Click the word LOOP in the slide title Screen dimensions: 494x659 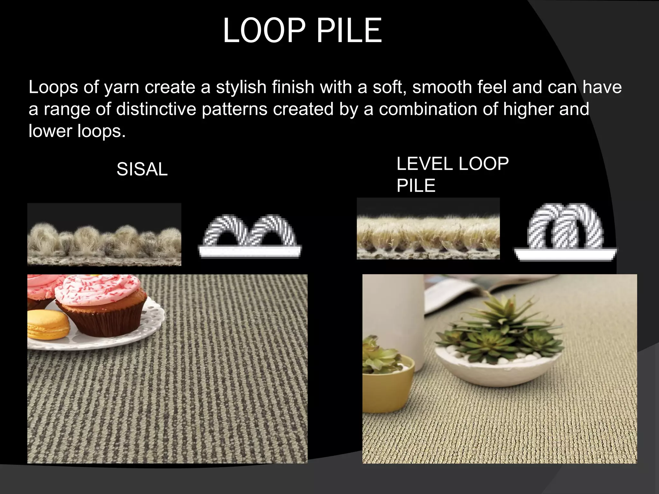tap(264, 31)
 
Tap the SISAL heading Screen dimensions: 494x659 tap(142, 169)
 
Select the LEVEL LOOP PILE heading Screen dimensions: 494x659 tap(452, 174)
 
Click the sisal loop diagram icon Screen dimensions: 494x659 tap(250, 236)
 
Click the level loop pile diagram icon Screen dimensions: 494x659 tap(565, 232)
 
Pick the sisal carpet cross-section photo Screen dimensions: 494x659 tap(104, 235)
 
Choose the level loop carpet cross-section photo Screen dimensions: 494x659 tap(428, 229)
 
